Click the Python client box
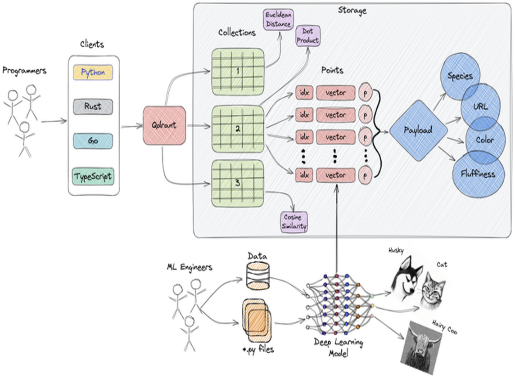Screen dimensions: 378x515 click(93, 72)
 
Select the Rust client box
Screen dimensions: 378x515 click(93, 107)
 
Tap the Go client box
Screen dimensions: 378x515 click(93, 141)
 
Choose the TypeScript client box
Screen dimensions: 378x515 click(93, 175)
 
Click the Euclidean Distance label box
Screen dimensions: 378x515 click(278, 19)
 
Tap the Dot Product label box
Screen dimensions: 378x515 click(308, 36)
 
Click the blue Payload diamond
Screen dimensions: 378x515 click(418, 130)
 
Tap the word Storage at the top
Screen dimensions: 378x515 click(352, 10)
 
